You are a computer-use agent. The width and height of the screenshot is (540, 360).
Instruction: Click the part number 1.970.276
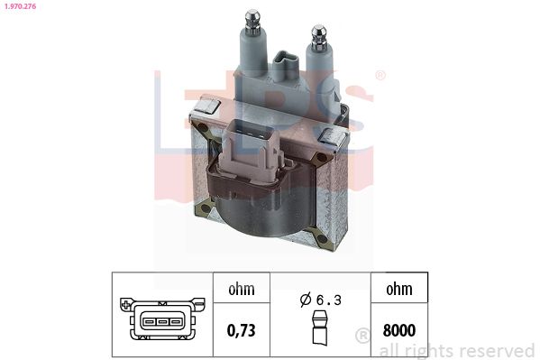(20, 6)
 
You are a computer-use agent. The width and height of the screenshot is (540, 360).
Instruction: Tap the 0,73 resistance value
(241, 330)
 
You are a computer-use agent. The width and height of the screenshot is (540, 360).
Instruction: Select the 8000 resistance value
(399, 330)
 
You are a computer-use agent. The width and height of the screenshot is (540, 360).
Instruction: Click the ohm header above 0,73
(242, 289)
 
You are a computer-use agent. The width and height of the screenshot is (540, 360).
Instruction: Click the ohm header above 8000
(399, 289)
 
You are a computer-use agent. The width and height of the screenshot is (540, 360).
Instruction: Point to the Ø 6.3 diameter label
(321, 300)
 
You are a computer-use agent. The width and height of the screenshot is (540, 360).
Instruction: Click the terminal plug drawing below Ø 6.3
(320, 328)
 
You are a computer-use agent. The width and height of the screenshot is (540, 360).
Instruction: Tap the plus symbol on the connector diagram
(126, 304)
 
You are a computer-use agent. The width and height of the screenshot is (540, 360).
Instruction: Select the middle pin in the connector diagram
(162, 322)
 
